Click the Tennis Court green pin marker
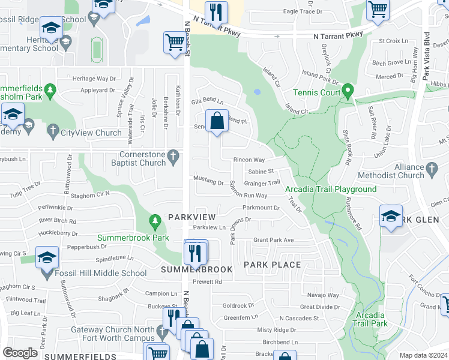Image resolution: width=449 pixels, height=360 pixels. click(x=347, y=92)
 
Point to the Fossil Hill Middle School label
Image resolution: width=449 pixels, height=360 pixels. click(x=100, y=274)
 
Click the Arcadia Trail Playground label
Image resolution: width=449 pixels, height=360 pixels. click(x=331, y=190)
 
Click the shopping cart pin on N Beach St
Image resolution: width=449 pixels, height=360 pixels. click(x=174, y=43)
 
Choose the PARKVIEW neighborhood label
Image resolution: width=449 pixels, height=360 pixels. click(x=191, y=217)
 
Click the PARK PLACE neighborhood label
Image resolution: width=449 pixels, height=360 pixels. click(x=272, y=265)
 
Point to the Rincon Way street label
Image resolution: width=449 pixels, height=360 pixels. click(x=249, y=160)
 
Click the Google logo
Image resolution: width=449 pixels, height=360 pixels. click(x=20, y=352)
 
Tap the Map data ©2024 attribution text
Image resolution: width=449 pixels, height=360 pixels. click(x=423, y=355)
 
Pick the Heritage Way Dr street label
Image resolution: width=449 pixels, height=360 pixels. click(x=94, y=79)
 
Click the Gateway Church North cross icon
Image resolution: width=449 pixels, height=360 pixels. click(x=161, y=331)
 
